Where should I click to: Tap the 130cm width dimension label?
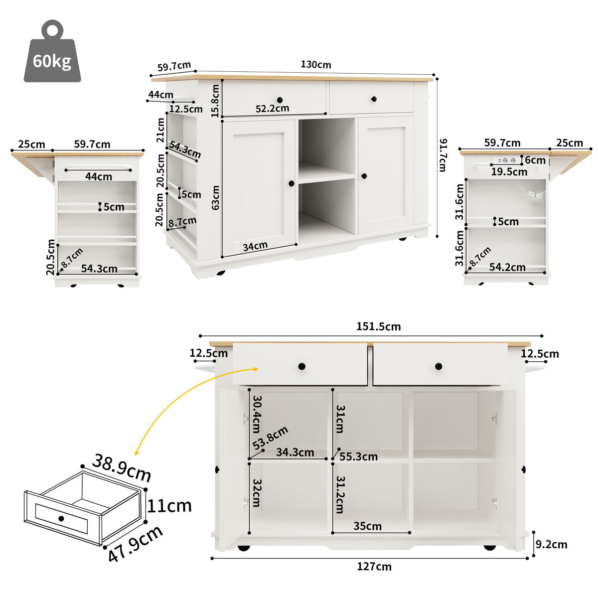(x=315, y=65)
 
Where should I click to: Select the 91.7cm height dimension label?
(x=442, y=155)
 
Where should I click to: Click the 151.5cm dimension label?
(x=378, y=327)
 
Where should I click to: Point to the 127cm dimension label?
(x=374, y=567)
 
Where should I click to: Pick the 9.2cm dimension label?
(x=552, y=545)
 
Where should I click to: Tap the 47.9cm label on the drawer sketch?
(x=136, y=544)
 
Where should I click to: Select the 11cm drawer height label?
(x=169, y=506)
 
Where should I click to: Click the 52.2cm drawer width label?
(x=272, y=109)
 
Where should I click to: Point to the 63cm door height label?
(x=215, y=197)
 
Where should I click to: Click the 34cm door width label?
(x=255, y=246)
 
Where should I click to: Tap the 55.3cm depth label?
(x=358, y=456)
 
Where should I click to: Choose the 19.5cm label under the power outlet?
(x=509, y=172)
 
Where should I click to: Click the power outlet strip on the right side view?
(x=506, y=160)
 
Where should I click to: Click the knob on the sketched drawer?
(x=61, y=518)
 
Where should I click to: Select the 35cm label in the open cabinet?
(x=367, y=526)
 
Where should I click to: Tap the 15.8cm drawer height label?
(x=215, y=101)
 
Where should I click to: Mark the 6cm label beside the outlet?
(x=535, y=160)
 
